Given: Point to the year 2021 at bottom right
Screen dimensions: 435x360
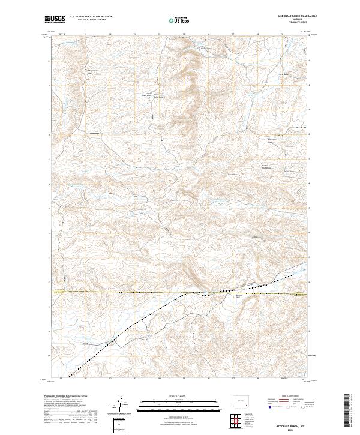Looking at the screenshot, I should [x=291, y=429].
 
